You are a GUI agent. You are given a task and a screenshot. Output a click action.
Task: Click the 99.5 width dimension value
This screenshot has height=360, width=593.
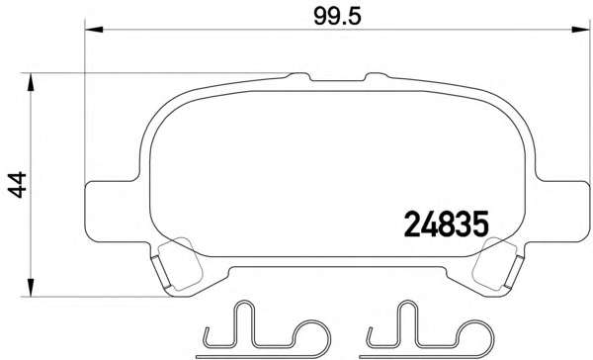coord(337,17)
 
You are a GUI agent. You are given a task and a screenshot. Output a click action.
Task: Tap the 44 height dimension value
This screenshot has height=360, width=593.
coord(18,185)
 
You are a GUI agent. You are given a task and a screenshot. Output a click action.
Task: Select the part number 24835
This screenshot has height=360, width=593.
coord(447,225)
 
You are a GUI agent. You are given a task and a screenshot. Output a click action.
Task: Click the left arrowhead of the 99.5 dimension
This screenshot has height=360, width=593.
coord(94,29)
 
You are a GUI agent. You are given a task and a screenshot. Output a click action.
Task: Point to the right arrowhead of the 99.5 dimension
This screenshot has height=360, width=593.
coord(580,29)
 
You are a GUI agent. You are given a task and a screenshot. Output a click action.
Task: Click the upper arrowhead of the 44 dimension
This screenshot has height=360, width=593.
coord(31,82)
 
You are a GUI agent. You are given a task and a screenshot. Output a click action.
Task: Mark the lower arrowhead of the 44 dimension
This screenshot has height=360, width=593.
coord(31,288)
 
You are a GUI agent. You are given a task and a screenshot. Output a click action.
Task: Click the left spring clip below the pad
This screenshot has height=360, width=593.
coord(265,329)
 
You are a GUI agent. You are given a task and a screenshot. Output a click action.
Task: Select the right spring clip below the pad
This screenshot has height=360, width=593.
coord(427,329)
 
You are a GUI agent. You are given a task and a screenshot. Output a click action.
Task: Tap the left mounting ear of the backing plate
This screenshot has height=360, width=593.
coord(114,211)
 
